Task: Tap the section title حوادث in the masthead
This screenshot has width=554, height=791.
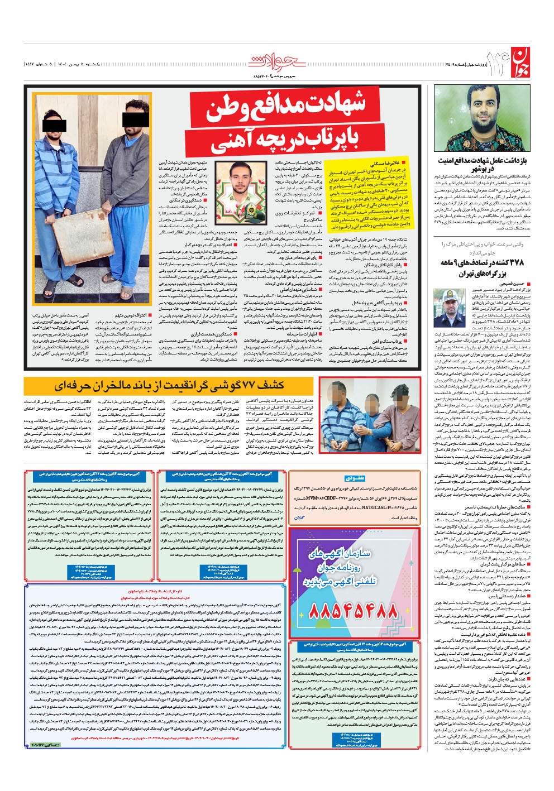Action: click(276, 60)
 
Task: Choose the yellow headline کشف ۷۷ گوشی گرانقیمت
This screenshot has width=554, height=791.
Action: click(169, 385)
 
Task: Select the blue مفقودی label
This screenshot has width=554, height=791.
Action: click(355, 478)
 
